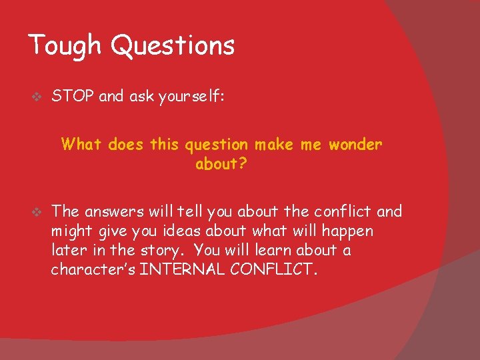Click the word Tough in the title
65,46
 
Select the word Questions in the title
173,46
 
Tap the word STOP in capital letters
73,97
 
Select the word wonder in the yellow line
356,145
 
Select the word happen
349,231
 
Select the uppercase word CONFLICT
281,270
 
